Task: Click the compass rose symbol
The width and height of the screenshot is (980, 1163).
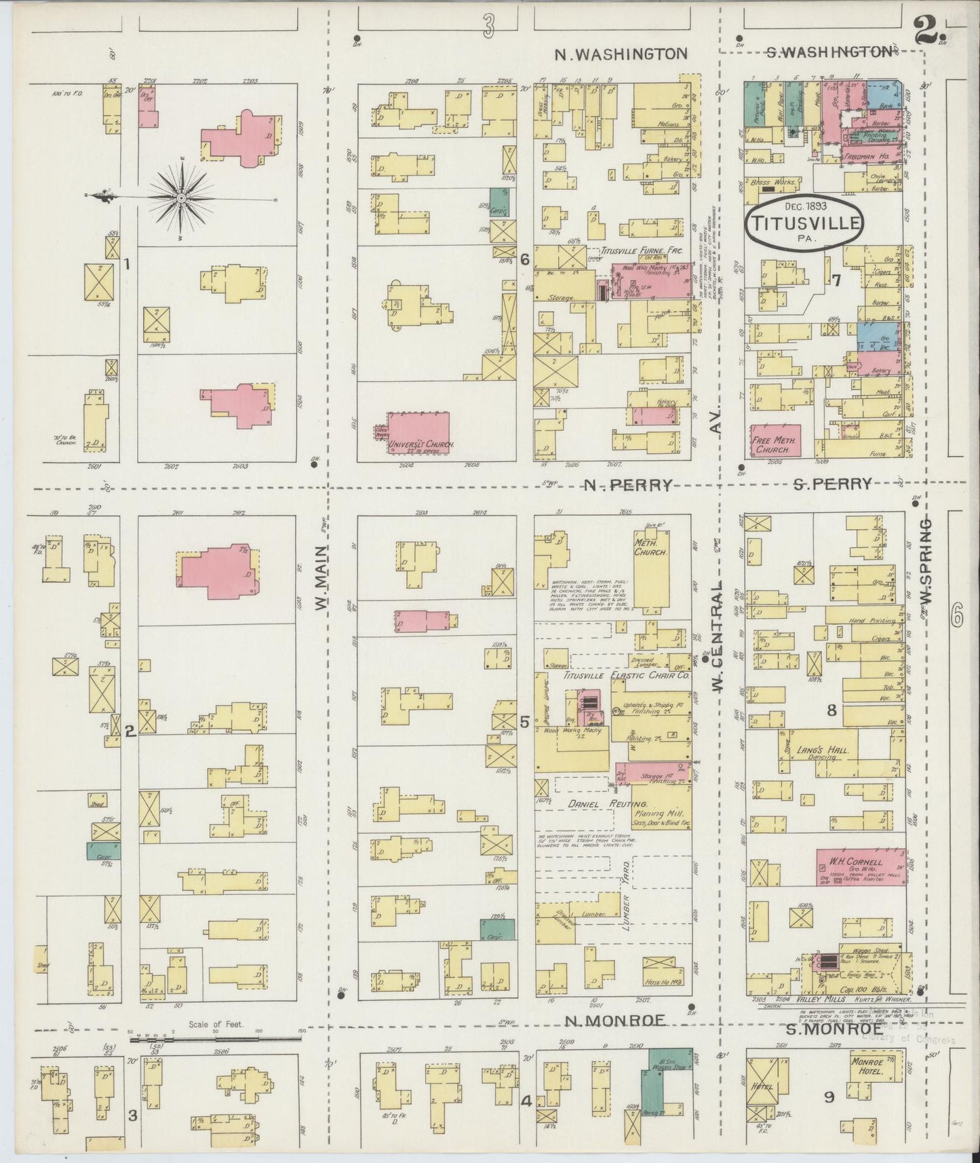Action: [x=181, y=197]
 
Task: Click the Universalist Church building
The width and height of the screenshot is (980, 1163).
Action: [x=418, y=433]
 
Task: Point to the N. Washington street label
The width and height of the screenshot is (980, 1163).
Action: [x=621, y=54]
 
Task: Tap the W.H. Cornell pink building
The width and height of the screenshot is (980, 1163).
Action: [x=860, y=866]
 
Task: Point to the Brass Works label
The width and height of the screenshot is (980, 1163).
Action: [x=770, y=183]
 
